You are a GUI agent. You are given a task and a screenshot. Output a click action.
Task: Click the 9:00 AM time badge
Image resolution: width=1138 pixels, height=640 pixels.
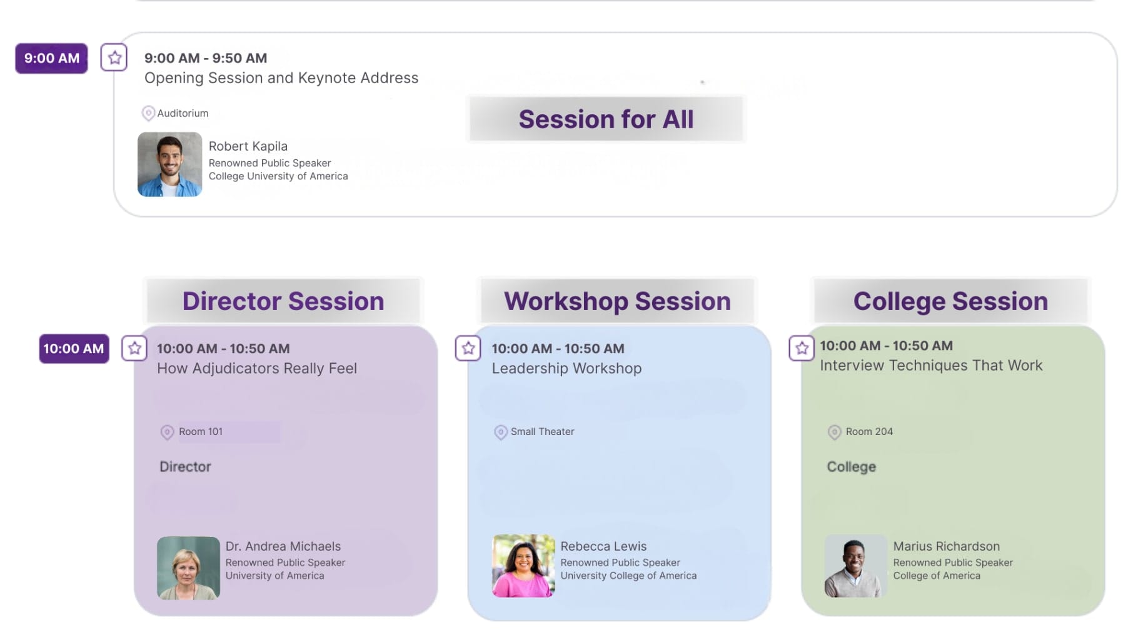[51, 58]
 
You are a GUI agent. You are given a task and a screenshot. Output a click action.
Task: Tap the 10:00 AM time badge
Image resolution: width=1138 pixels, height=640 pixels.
[74, 348]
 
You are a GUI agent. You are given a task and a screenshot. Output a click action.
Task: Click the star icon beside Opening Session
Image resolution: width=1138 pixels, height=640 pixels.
[114, 57]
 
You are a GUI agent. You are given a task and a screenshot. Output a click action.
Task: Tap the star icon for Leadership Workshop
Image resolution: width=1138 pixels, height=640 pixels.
[468, 348]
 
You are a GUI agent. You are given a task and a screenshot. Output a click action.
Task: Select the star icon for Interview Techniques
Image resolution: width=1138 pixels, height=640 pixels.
[802, 348]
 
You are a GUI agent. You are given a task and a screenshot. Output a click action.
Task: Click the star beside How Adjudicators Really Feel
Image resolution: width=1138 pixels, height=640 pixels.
[134, 348]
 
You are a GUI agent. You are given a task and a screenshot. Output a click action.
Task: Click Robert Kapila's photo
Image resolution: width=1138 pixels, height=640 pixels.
[169, 164]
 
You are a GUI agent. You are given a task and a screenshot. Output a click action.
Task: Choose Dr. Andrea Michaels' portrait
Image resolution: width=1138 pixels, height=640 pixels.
[188, 568]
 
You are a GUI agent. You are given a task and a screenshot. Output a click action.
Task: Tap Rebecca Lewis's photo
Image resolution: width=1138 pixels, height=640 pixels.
[523, 566]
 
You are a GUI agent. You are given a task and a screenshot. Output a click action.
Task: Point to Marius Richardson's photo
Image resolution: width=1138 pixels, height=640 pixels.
[855, 566]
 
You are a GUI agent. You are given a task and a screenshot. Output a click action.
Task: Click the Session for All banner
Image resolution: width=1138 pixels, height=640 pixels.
[607, 119]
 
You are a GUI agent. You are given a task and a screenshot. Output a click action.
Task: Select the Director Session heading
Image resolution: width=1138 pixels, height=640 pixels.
[283, 301]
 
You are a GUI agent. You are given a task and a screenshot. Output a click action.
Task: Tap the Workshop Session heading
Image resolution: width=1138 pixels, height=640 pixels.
[617, 301]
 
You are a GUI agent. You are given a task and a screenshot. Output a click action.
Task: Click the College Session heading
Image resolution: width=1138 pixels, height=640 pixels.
[950, 301]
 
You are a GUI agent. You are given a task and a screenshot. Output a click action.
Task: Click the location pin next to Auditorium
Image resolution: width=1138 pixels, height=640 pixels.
[148, 113]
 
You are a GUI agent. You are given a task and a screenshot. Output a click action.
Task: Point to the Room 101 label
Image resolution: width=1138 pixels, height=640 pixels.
[201, 431]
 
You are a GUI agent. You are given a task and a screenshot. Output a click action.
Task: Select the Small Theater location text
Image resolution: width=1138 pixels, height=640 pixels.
[542, 431]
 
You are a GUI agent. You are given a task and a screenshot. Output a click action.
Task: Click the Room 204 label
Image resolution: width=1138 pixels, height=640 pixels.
[869, 431]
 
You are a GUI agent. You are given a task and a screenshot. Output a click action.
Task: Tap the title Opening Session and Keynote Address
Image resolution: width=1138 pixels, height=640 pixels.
[281, 78]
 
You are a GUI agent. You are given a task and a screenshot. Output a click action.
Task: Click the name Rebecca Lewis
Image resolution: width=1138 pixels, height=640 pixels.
[603, 546]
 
